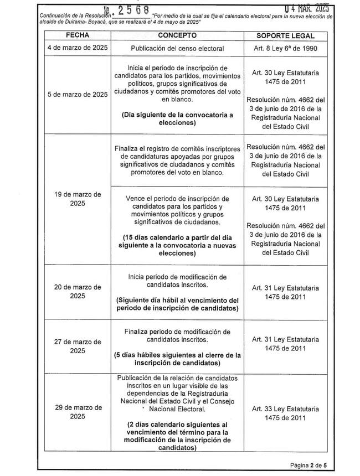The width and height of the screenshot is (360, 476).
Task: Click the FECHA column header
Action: point(76,35)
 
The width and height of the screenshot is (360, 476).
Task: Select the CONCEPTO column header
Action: point(178,35)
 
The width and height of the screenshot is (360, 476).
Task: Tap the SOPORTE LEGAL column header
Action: point(286,35)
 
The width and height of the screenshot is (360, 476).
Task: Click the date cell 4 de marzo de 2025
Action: point(76,48)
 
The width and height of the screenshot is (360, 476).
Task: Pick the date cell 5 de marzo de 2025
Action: point(76,94)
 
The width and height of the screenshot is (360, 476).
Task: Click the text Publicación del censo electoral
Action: point(178,48)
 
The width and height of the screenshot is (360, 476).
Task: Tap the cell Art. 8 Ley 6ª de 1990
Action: point(286,48)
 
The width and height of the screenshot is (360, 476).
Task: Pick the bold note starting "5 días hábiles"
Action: point(178,359)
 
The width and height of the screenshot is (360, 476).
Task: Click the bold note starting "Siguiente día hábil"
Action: point(178,304)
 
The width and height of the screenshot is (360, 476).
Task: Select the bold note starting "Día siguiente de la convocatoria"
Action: point(178,118)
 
